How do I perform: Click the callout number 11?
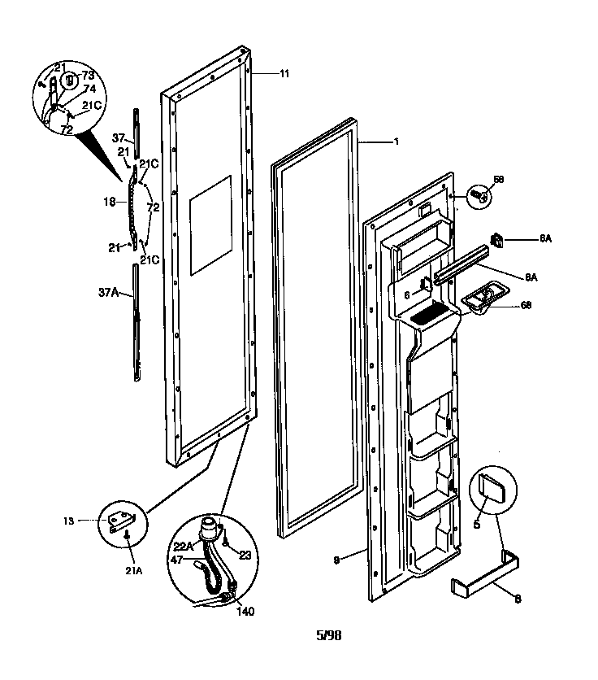click(284, 74)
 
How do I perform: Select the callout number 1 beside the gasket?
click(395, 142)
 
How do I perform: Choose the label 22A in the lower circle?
click(183, 547)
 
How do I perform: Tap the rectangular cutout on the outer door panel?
click(210, 224)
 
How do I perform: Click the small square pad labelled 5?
click(492, 489)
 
